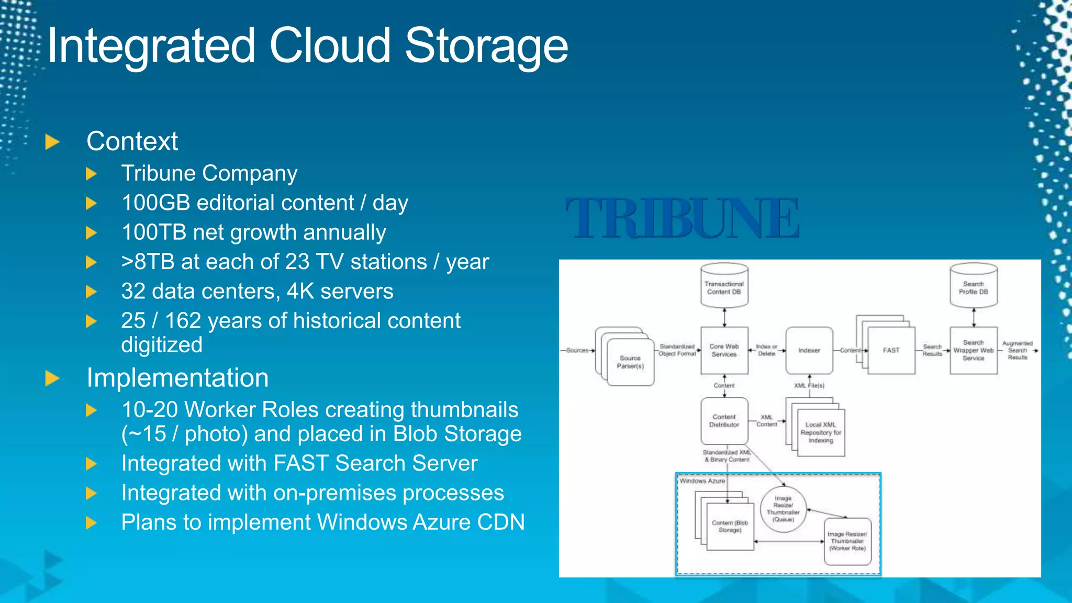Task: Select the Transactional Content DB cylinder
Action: coord(724,286)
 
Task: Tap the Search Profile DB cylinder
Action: coord(973,286)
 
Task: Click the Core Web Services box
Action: coord(724,350)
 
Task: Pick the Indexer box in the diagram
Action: coord(809,350)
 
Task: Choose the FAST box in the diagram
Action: coord(891,350)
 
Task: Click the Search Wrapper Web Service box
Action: coord(973,350)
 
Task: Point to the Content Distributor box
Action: coord(724,421)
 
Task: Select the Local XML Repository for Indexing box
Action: coord(820,432)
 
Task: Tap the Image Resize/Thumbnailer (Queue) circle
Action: coord(783,509)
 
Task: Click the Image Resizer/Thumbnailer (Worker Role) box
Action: coord(847,541)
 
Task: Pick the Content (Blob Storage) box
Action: coord(730,526)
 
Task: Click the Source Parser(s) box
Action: coord(630,362)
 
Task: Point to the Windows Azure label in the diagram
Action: coord(702,481)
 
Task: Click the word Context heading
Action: coord(132,141)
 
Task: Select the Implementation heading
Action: coord(177,377)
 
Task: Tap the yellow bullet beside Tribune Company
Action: coord(92,174)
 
